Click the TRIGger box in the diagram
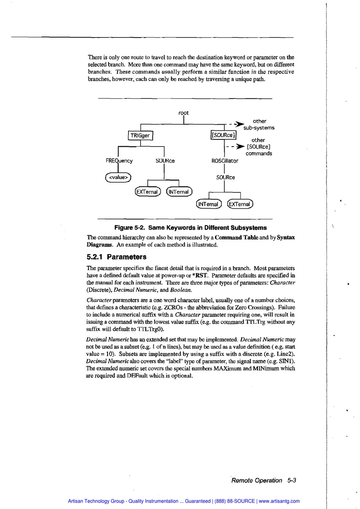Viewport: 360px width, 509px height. click(x=140, y=135)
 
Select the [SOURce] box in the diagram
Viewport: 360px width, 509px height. click(x=223, y=135)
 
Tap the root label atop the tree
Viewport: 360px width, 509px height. click(x=183, y=113)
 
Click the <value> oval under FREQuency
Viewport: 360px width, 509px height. click(x=118, y=177)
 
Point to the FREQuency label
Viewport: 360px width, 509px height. click(x=119, y=161)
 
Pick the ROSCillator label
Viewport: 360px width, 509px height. click(x=225, y=161)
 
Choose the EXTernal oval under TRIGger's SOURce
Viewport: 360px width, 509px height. click(x=148, y=192)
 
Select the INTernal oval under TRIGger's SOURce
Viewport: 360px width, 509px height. click(x=179, y=192)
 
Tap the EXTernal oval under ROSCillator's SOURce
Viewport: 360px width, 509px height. click(x=240, y=204)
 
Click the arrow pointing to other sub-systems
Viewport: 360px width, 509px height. click(x=238, y=124)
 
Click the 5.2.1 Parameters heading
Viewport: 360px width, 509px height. click(x=116, y=257)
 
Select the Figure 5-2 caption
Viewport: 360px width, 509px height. click(x=190, y=228)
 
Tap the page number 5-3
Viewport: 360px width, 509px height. click(x=291, y=480)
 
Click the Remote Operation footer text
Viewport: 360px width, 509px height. click(x=257, y=480)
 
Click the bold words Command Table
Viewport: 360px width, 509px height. click(x=236, y=237)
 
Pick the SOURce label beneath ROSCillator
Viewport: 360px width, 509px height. click(x=225, y=177)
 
